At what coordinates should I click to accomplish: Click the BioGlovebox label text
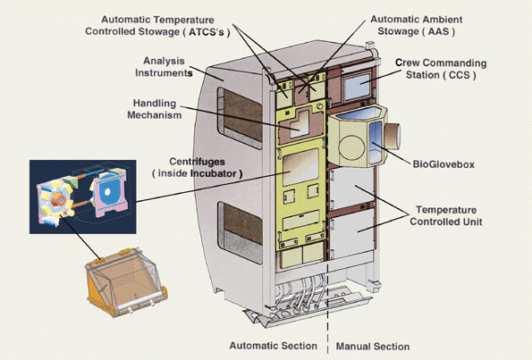tap(443, 164)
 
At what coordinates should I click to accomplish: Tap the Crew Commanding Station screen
tap(357, 86)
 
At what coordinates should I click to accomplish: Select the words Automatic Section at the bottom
tap(274, 346)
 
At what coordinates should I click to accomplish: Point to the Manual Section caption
tap(373, 347)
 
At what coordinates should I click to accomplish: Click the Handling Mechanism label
tap(155, 109)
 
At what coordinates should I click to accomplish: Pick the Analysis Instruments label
tap(164, 67)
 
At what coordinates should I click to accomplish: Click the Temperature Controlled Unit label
tap(446, 215)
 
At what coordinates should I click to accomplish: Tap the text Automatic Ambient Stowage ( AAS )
tap(417, 25)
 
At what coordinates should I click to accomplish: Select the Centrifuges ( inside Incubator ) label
tap(197, 167)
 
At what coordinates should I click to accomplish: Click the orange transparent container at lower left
tap(125, 281)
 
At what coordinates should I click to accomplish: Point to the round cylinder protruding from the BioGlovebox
tap(393, 137)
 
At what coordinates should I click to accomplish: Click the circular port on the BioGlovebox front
tap(351, 147)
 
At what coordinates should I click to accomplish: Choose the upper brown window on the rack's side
tap(241, 117)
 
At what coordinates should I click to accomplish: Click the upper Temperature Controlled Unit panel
tap(351, 187)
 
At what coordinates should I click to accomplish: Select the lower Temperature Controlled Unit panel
tap(351, 233)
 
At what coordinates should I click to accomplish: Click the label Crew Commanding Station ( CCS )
tap(441, 69)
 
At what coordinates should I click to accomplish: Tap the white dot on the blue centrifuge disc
tap(107, 192)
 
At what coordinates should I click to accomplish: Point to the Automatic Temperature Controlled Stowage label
tap(157, 26)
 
